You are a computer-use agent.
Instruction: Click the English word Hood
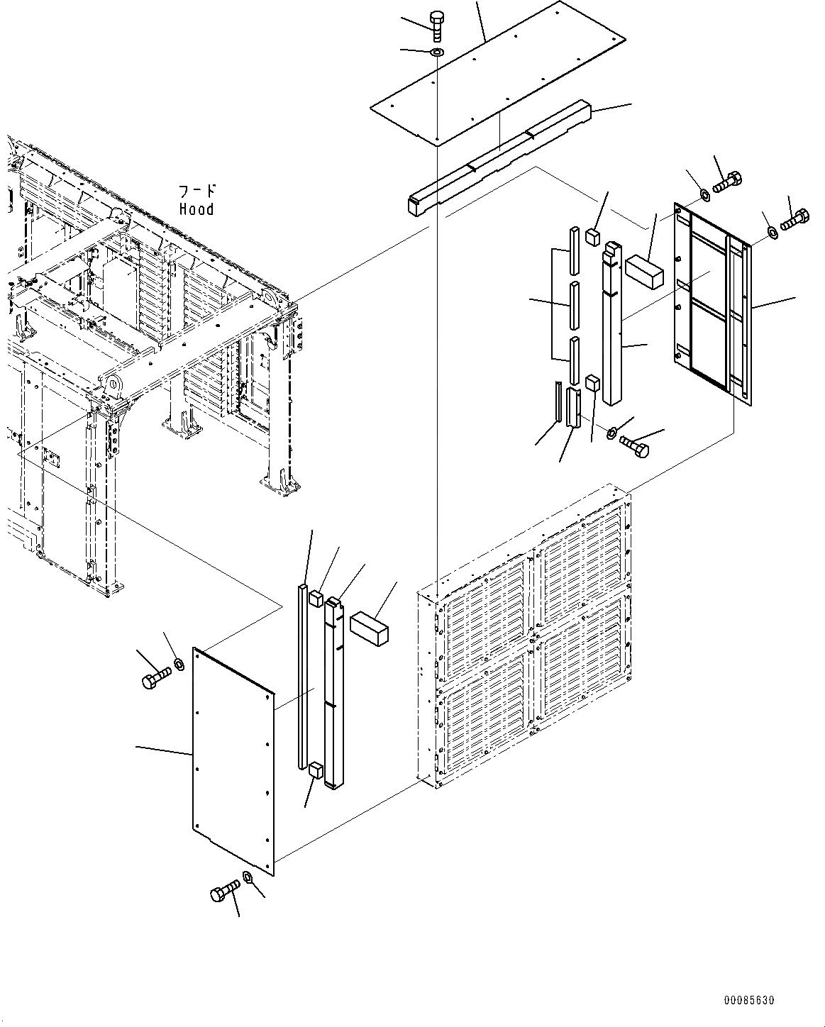point(196,209)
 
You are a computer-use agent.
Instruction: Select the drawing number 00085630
point(749,1000)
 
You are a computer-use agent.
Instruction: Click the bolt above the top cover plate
point(437,27)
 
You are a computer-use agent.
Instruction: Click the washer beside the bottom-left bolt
point(248,878)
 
